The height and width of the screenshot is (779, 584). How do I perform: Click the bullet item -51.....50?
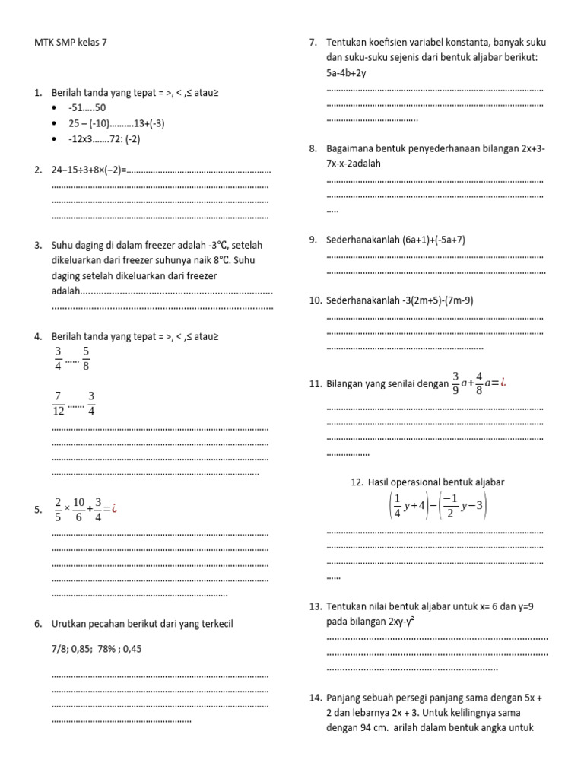pos(87,108)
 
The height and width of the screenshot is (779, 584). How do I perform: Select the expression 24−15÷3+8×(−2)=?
pos(88,170)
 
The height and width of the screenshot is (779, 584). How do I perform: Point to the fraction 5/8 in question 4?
pos(87,358)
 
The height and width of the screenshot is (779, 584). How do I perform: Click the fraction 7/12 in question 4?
pos(58,403)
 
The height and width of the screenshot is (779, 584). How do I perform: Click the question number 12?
pos(357,482)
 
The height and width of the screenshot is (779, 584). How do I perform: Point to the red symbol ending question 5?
pos(114,510)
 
